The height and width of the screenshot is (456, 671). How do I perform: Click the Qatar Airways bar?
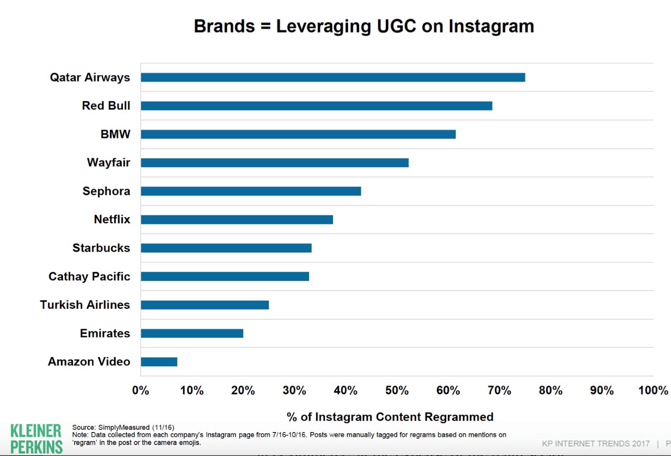(x=333, y=77)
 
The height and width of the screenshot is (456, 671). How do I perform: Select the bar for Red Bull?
(x=316, y=106)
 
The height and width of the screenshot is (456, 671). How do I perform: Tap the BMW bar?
(x=298, y=134)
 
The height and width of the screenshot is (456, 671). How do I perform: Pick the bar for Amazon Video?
(x=159, y=362)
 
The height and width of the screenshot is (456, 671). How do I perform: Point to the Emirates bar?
(x=192, y=333)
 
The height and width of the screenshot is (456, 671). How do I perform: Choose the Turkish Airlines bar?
(x=205, y=305)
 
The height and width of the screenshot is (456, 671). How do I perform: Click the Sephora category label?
(x=106, y=191)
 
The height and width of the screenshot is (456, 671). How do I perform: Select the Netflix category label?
(x=112, y=219)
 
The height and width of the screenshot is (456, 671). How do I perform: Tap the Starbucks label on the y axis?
(x=101, y=248)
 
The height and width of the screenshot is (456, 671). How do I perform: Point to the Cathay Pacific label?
(x=89, y=276)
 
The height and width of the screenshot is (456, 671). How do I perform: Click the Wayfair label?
(x=109, y=163)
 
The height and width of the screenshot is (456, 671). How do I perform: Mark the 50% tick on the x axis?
(x=397, y=391)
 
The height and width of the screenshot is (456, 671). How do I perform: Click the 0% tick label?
(x=140, y=391)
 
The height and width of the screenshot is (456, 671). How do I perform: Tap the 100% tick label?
(x=653, y=391)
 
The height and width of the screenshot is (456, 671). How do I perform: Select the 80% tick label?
(x=550, y=391)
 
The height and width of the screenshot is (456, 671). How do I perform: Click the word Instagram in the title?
(x=491, y=26)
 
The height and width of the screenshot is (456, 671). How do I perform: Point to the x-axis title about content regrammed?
(x=390, y=417)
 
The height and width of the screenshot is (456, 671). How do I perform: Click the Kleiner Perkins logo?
(x=36, y=439)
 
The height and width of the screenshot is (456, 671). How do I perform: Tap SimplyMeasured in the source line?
(x=124, y=427)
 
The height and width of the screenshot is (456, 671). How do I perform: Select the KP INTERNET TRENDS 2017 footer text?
(x=596, y=443)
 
